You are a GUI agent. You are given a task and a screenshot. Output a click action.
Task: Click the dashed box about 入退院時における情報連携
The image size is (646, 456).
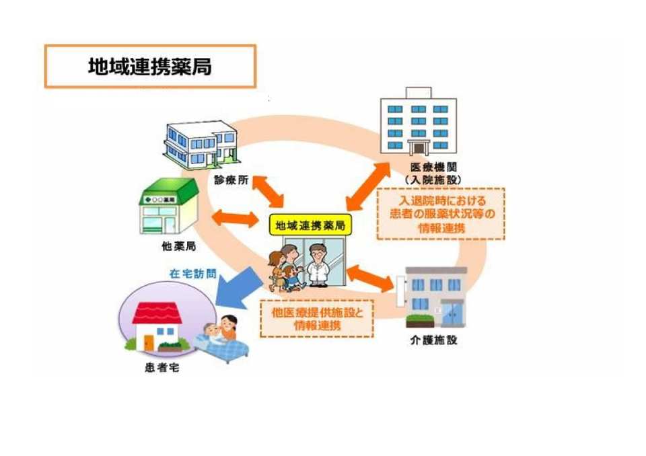click(440, 214)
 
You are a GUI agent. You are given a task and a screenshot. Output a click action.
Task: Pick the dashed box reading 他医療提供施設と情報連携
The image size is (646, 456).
click(316, 318)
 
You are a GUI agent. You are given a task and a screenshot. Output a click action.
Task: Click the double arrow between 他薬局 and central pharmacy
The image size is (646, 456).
click(235, 218)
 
